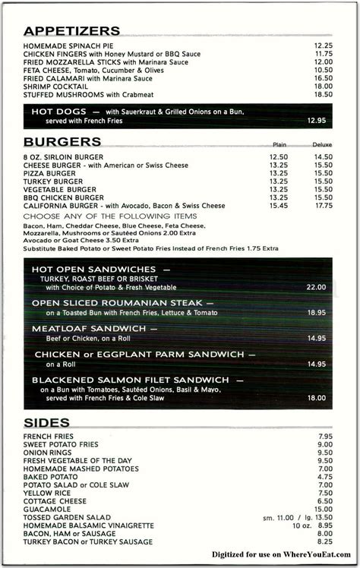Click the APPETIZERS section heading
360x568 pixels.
tap(72, 31)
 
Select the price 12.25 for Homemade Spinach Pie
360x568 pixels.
tap(324, 46)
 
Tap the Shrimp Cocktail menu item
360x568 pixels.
tap(55, 87)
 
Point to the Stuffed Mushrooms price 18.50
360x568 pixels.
tap(324, 94)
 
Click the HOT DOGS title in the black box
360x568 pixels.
tap(58, 112)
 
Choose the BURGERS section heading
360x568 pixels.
tap(63, 142)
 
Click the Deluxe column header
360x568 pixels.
tap(322, 144)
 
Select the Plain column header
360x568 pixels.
tap(279, 144)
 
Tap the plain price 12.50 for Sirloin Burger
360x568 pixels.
tap(279, 156)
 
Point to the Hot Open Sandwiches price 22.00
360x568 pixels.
tap(316, 288)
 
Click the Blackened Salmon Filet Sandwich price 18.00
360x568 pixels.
tap(316, 397)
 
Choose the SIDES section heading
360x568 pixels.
tap(47, 422)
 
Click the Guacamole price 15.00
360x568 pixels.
tap(324, 510)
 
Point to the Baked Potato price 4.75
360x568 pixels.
tap(325, 477)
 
